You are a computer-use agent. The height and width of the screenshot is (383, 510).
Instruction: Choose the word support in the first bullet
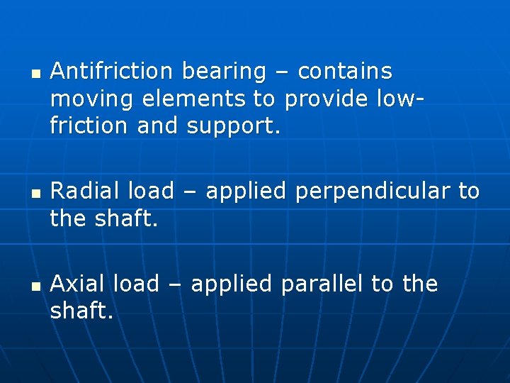(234, 128)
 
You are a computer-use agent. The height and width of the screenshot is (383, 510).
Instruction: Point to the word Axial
(80, 284)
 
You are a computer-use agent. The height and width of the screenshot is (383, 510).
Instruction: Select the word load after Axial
(138, 284)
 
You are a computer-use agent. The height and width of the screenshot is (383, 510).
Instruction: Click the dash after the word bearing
(282, 72)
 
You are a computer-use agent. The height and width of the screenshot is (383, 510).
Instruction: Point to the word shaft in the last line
(79, 312)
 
